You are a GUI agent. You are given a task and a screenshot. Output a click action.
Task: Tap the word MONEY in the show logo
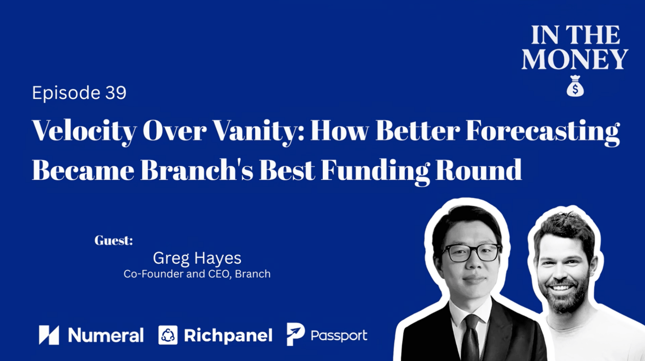[575, 59]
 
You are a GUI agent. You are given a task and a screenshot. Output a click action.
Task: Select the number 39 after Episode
[116, 93]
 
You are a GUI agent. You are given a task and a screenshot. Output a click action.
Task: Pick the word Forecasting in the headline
[543, 132]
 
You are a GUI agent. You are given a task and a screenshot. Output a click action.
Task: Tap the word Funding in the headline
[375, 171]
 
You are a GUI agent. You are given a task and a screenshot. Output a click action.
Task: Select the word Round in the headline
[479, 170]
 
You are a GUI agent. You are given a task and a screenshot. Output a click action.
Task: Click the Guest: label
[114, 241]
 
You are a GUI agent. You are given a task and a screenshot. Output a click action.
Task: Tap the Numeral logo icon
[49, 335]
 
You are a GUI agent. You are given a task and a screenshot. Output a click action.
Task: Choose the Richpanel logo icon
[168, 335]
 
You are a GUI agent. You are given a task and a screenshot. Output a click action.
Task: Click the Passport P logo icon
[296, 334]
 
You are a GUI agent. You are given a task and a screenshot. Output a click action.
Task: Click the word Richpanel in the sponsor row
[228, 336]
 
